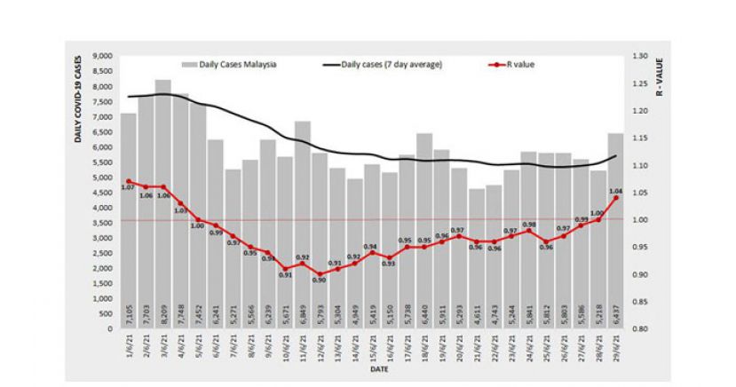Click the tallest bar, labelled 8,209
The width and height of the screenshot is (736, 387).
(162, 204)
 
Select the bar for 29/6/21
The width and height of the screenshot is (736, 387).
(615, 231)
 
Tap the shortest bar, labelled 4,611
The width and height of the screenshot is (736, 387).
(477, 258)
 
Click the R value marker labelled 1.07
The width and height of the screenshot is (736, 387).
(129, 182)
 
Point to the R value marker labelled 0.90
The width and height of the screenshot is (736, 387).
(320, 274)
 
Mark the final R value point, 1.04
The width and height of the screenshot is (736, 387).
(615, 198)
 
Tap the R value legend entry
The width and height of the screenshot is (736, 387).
(520, 65)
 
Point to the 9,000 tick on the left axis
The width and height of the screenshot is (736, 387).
(101, 56)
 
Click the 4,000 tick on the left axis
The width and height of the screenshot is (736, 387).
(101, 208)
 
